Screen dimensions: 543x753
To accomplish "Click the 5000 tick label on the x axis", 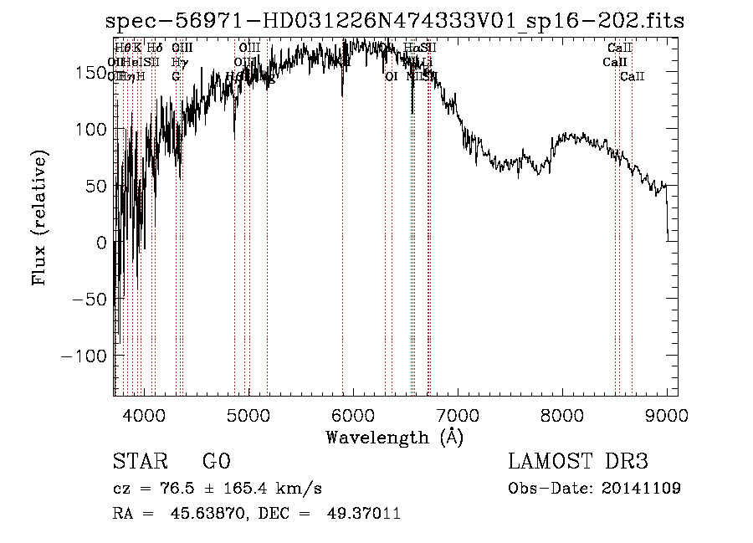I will point(248,416).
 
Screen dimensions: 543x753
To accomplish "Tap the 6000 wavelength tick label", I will point(353,416).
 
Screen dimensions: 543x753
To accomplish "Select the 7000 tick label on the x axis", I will point(458,416).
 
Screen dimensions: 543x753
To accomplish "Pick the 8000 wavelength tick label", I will point(562,416).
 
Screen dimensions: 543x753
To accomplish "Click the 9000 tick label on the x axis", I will point(667,416).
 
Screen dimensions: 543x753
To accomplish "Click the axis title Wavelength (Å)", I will point(394,437).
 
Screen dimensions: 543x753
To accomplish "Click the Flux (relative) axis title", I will point(39,218).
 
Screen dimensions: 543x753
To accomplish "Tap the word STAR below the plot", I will point(140,462).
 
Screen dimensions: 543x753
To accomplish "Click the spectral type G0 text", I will point(216,462).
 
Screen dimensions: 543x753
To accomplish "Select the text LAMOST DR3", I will point(578,462).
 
